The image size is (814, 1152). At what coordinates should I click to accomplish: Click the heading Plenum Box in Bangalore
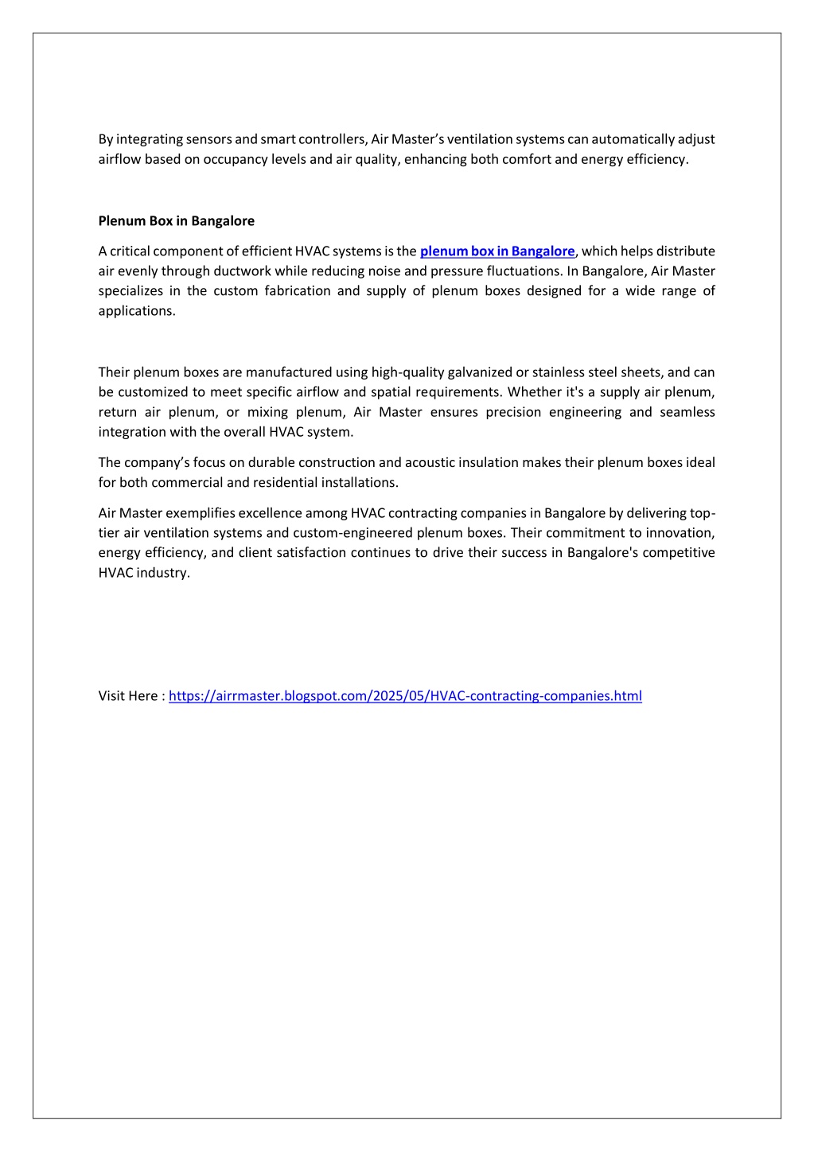tap(176, 221)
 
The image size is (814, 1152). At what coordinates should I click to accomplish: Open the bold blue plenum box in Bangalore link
tap(497, 251)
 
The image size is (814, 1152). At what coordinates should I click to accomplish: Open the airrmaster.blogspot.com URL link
tap(405, 696)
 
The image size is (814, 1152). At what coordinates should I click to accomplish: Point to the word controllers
tap(332, 139)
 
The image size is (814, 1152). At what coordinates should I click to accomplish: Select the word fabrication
tap(298, 291)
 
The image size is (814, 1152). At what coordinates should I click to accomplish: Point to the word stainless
tap(559, 372)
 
